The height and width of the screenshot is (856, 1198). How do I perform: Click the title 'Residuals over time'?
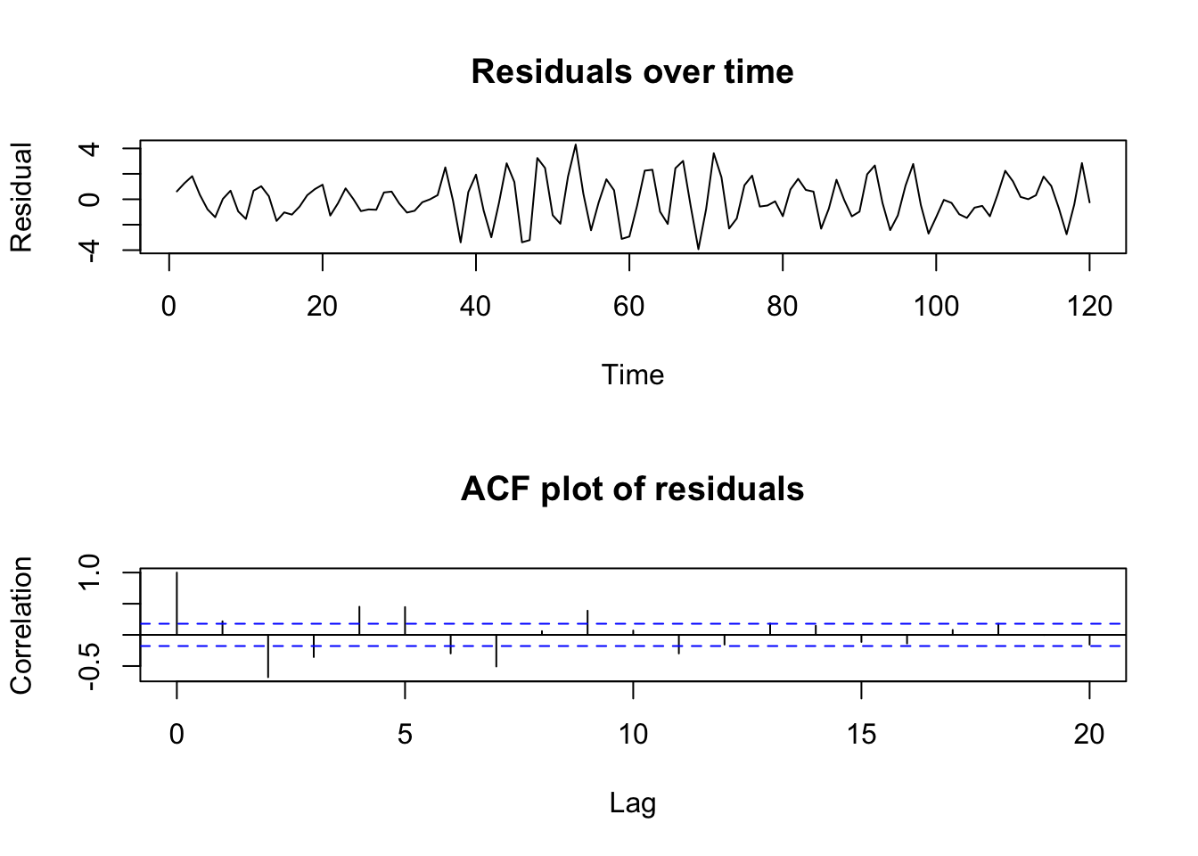pyautogui.click(x=632, y=71)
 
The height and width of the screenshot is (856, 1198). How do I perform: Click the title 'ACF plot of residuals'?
pyautogui.click(x=632, y=489)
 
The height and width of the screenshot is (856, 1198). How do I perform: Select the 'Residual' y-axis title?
pyautogui.click(x=21, y=197)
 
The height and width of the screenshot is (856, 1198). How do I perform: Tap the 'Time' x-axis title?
pyautogui.click(x=632, y=374)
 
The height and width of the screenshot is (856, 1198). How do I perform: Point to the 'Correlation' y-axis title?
pyautogui.click(x=21, y=624)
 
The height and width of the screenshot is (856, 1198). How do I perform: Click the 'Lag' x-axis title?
pyautogui.click(x=632, y=803)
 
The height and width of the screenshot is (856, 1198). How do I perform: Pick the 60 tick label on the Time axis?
pyautogui.click(x=628, y=307)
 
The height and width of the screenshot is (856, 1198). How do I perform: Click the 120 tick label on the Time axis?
pyautogui.click(x=1088, y=307)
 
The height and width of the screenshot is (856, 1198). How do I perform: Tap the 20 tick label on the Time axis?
pyautogui.click(x=322, y=307)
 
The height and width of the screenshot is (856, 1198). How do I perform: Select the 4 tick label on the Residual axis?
pyautogui.click(x=89, y=148)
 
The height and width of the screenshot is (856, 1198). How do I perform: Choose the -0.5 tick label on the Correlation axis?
pyautogui.click(x=89, y=665)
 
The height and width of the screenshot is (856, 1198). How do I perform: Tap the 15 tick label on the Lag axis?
pyautogui.click(x=861, y=734)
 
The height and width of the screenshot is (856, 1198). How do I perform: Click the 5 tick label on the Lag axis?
pyautogui.click(x=405, y=734)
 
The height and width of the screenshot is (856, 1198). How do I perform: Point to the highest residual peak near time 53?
pyautogui.click(x=576, y=144)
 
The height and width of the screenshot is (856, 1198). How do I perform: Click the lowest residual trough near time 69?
pyautogui.click(x=698, y=249)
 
